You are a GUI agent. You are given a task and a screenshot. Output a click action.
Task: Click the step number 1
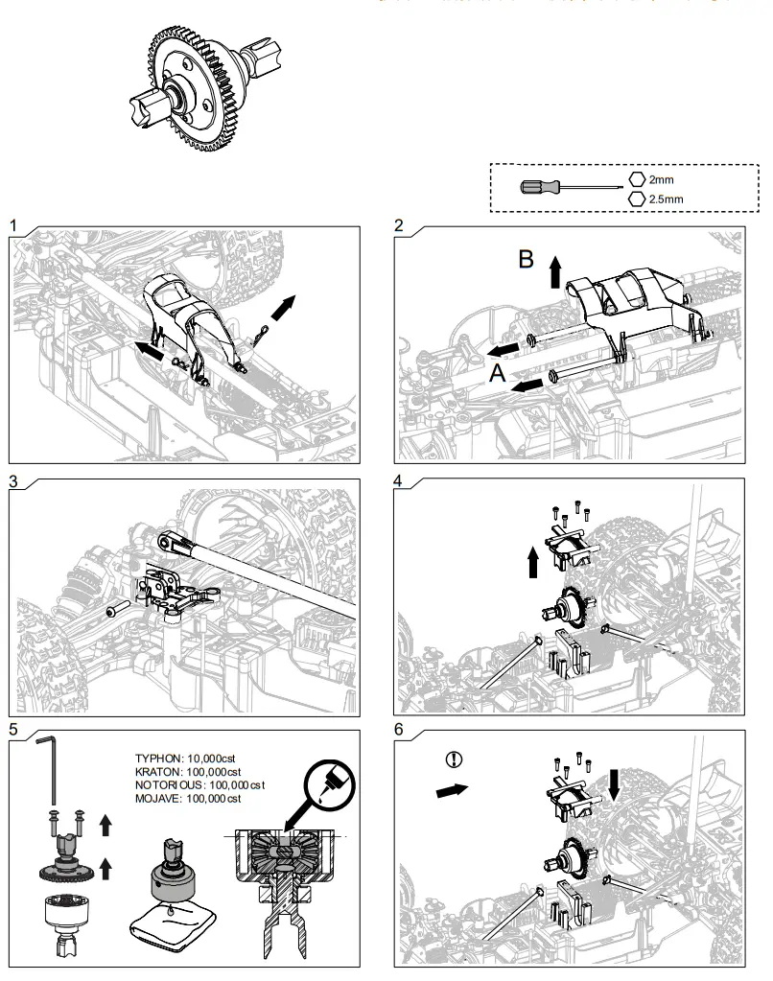coord(13,225)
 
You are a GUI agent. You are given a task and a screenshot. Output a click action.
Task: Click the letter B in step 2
coord(527,261)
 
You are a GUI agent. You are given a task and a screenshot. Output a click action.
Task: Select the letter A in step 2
coord(497,375)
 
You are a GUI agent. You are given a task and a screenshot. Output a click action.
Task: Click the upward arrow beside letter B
coord(554,272)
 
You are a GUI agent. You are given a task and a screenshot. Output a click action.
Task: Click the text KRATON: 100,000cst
coord(188,771)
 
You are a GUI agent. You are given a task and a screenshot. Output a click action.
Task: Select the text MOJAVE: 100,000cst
coord(188,798)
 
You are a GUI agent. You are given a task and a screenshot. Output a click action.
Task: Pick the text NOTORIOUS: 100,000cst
coord(199,784)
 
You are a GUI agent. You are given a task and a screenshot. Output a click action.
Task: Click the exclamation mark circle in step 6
coord(455,759)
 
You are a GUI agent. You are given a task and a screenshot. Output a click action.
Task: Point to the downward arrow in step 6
coord(614,785)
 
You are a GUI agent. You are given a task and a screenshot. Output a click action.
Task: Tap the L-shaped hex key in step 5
coord(49,767)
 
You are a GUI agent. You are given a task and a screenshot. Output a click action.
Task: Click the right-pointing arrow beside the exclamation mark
coord(451,791)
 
